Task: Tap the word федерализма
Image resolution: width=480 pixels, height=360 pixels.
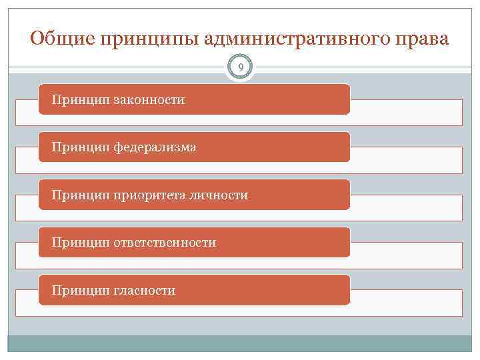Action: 155,147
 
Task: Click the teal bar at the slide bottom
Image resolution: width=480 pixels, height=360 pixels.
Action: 240,343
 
